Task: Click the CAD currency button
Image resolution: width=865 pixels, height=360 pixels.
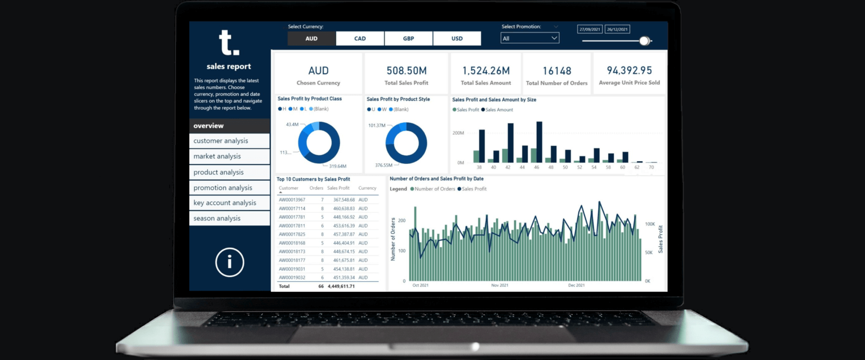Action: pos(360,38)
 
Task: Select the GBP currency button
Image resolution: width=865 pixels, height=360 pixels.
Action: pos(408,38)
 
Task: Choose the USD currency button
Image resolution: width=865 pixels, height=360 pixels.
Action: pos(457,38)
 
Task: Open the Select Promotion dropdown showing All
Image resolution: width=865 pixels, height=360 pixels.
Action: pos(530,38)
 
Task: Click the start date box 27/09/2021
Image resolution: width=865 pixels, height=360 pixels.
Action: pos(590,29)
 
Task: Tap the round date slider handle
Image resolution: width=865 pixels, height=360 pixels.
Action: pos(644,41)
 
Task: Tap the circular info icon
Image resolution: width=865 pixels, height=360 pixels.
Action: pos(229,262)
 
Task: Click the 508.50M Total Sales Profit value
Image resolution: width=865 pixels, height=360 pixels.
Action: pos(406,70)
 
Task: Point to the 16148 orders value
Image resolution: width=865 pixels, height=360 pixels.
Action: pos(556,71)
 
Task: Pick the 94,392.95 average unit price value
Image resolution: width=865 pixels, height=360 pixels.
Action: pos(629,70)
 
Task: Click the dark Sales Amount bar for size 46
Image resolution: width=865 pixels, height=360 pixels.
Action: pos(539,142)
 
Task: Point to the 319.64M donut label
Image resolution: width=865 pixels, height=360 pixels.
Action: pos(338,166)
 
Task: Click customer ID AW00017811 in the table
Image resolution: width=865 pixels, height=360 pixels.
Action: pos(292,226)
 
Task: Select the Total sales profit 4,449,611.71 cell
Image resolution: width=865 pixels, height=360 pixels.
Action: pos(341,286)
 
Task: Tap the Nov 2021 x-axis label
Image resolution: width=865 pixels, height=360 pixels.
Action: pos(500,286)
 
